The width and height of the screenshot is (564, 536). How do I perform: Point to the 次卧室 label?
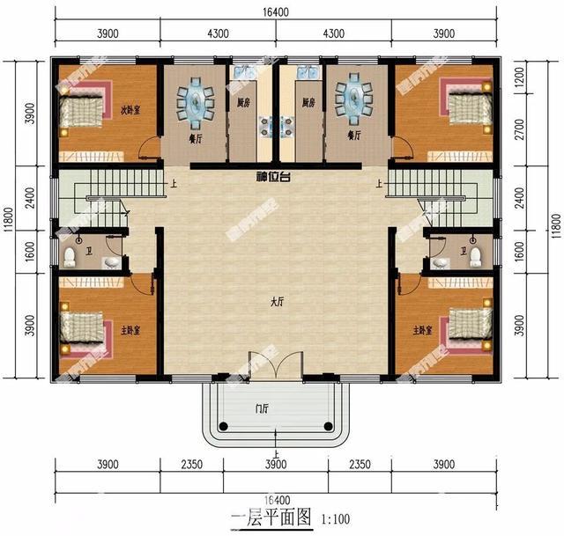[130, 110]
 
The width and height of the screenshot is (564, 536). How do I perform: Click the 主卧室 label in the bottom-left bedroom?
[130, 331]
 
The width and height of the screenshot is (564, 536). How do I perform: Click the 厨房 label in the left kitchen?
[241, 103]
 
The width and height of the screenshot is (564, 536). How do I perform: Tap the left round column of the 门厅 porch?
[222, 426]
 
